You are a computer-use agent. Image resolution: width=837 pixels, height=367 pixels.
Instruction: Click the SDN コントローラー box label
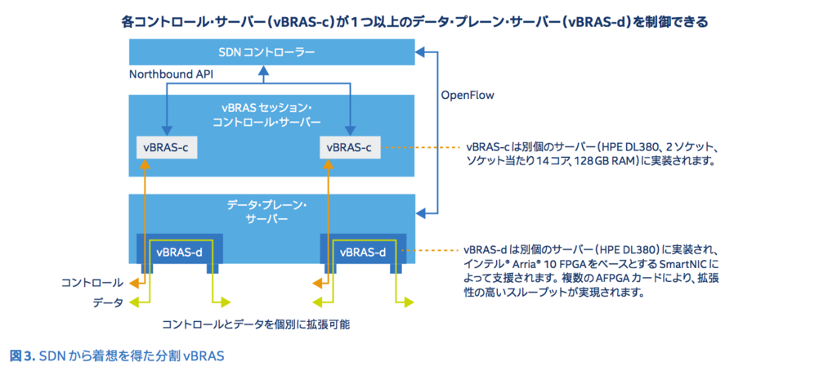(x=271, y=52)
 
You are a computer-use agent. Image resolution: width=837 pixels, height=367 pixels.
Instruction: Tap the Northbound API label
(x=172, y=74)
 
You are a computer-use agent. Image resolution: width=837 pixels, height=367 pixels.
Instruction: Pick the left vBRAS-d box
(x=179, y=251)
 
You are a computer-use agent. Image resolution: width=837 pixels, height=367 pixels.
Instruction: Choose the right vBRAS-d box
(x=363, y=251)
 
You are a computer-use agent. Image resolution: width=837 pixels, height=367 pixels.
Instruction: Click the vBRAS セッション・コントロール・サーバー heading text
(x=271, y=114)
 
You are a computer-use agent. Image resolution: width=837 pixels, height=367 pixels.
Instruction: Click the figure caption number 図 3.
(x=22, y=355)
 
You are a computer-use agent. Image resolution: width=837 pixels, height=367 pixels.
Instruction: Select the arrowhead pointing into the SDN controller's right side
(x=419, y=52)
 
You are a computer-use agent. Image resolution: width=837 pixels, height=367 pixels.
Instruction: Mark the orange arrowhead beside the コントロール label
(x=135, y=283)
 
